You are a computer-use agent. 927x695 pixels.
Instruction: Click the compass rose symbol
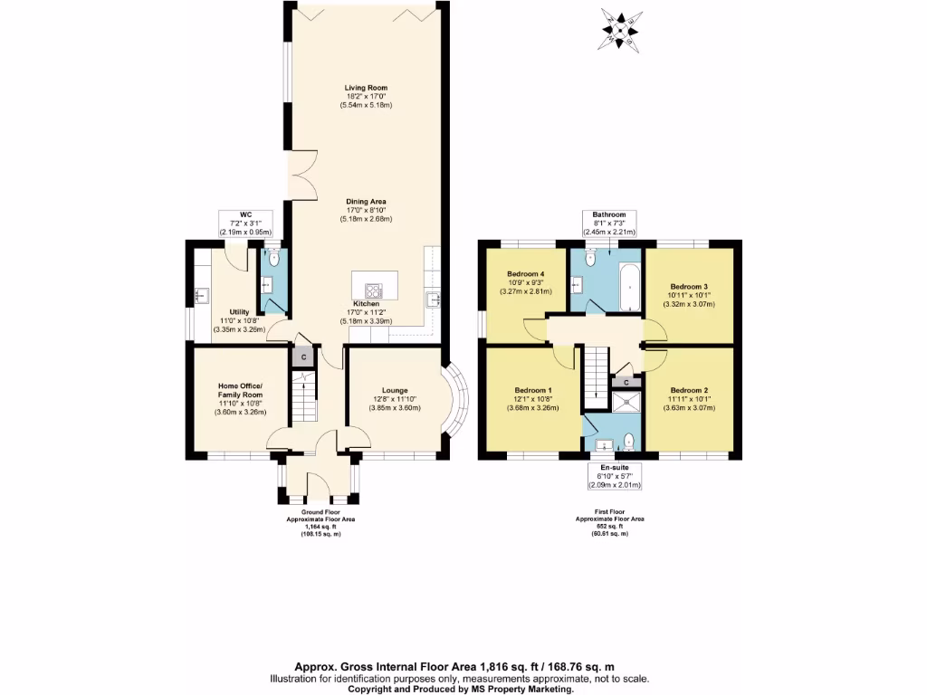point(620,28)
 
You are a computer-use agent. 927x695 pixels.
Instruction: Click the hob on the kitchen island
point(375,290)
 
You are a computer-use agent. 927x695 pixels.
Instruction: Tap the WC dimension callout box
point(244,224)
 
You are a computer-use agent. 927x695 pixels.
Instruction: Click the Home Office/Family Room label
point(240,396)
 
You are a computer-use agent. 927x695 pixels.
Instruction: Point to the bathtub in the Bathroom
point(629,288)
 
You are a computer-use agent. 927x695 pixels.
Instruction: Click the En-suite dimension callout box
point(615,477)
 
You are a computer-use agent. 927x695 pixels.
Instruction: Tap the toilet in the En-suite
point(629,441)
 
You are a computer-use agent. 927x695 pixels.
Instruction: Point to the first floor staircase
point(594,376)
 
